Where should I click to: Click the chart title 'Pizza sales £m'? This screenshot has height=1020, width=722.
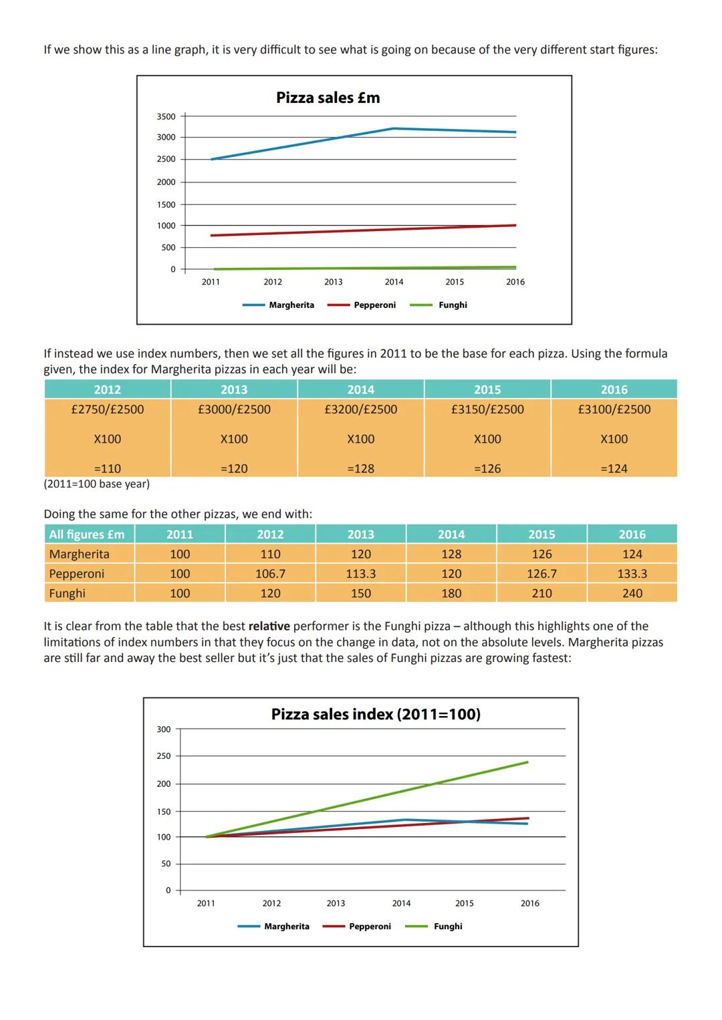click(x=328, y=98)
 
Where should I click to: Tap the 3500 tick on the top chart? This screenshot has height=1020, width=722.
click(x=166, y=116)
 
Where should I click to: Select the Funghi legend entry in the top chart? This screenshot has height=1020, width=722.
click(x=452, y=305)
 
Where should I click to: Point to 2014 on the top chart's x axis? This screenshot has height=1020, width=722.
click(x=394, y=282)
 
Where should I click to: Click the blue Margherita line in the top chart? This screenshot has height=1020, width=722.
click(x=301, y=144)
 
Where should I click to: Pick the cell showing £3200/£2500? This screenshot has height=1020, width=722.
click(x=360, y=409)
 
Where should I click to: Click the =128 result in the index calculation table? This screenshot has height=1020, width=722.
click(x=360, y=469)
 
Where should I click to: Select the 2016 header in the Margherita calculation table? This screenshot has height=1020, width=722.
click(x=614, y=389)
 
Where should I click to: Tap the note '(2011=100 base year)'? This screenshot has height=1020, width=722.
click(x=97, y=484)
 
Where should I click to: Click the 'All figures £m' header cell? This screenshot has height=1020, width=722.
click(x=87, y=534)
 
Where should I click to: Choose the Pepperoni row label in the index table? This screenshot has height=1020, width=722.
click(x=77, y=574)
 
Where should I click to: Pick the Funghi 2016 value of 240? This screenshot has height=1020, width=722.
click(x=632, y=593)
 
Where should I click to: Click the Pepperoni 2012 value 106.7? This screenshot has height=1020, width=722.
click(x=270, y=574)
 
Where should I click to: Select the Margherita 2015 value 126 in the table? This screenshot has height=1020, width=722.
click(x=541, y=554)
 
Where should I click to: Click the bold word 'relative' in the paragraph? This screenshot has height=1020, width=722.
click(x=269, y=626)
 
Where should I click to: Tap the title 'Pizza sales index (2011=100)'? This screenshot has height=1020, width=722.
click(x=376, y=714)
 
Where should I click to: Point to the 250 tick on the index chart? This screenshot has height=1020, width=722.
click(x=164, y=756)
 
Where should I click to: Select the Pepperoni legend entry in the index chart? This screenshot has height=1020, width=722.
click(x=369, y=926)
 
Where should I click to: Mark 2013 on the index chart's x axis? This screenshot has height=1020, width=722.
click(x=336, y=903)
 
